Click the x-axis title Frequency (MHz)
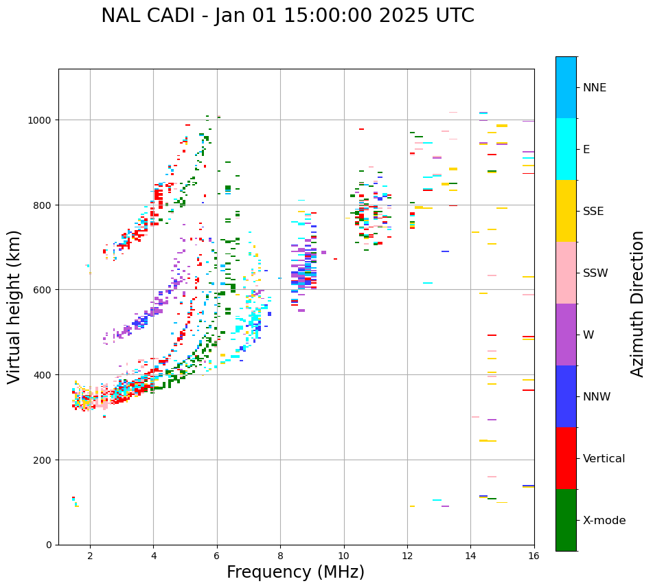(x=295, y=572)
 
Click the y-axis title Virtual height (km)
(x=14, y=306)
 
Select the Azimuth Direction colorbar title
(x=638, y=304)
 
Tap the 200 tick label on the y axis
(x=44, y=460)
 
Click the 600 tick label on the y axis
(x=44, y=290)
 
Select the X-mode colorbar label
(x=604, y=521)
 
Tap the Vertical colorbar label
(x=604, y=459)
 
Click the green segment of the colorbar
(x=566, y=520)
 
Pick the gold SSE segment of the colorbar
(x=566, y=211)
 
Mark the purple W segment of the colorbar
(x=566, y=335)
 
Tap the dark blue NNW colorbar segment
(x=566, y=396)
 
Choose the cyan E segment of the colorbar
(x=566, y=149)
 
